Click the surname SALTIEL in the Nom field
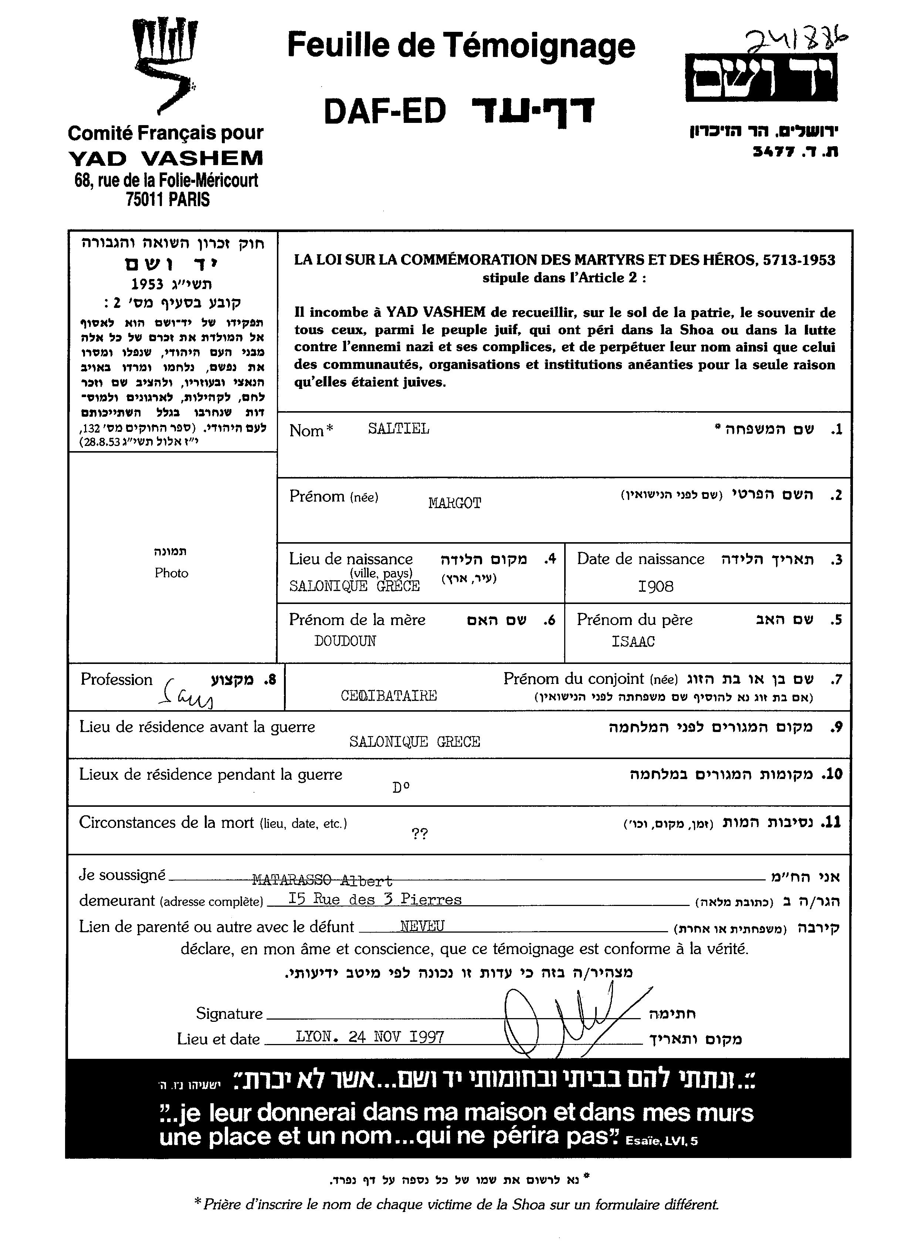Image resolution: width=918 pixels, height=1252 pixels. [x=399, y=429]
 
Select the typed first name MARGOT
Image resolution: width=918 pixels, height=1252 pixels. [x=454, y=503]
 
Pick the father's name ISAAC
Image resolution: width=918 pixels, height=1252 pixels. [x=633, y=641]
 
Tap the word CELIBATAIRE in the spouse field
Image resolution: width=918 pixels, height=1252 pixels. [x=389, y=695]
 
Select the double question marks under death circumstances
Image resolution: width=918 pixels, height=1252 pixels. [x=420, y=834]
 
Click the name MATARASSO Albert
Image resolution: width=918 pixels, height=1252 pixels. [x=322, y=880]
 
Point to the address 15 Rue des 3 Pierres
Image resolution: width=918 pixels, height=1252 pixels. [x=375, y=899]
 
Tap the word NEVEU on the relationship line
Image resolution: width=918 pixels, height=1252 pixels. [x=422, y=926]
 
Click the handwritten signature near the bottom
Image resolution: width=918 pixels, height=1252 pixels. [x=572, y=1015]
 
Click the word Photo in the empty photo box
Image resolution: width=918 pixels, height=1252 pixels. [x=172, y=573]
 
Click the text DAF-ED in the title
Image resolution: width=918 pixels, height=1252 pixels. [x=385, y=111]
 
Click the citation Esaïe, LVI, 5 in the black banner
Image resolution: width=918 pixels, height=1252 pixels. [x=661, y=1141]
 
